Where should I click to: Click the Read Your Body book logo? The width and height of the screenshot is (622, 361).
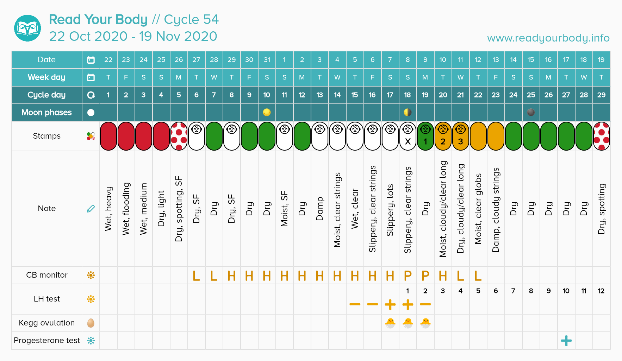click(27, 28)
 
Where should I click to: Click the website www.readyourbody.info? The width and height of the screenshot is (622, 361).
click(548, 38)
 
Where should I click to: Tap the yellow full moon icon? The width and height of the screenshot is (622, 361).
click(267, 112)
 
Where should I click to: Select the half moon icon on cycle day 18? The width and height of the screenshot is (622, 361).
click(408, 112)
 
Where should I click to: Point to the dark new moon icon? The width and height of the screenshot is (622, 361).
click(531, 112)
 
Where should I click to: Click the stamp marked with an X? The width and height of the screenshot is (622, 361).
click(408, 137)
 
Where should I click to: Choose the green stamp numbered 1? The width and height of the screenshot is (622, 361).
click(425, 137)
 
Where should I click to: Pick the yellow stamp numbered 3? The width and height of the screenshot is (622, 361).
click(460, 137)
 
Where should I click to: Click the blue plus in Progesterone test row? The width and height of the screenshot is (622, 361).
click(566, 341)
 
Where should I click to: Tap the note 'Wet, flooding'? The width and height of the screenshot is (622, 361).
click(126, 208)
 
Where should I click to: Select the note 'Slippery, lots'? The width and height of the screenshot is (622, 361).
click(390, 210)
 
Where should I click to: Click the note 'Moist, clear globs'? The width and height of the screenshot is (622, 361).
click(478, 208)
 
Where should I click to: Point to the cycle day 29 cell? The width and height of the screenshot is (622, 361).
click(601, 95)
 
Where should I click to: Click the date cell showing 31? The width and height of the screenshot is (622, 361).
click(267, 60)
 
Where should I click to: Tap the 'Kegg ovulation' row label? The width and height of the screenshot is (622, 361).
click(47, 323)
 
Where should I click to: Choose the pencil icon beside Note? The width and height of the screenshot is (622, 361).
click(91, 209)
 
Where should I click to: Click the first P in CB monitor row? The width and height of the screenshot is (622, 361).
click(408, 276)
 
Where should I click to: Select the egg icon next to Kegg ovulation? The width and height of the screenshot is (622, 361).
click(91, 323)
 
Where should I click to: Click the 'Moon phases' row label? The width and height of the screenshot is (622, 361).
click(47, 113)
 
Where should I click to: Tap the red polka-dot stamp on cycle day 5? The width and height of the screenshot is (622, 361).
click(179, 137)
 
